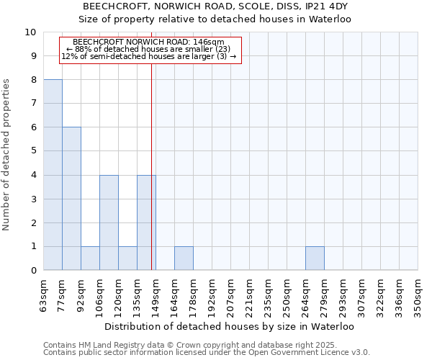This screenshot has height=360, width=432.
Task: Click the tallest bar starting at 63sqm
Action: (53, 175)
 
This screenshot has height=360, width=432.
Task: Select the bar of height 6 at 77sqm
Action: (71, 199)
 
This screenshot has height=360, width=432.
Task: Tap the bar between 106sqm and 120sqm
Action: (109, 222)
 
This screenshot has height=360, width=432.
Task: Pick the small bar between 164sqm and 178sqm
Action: (184, 258)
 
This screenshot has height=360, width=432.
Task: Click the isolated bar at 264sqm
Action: (315, 258)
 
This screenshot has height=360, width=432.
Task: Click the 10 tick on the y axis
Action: (31, 32)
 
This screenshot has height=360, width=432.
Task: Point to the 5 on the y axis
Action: (33, 151)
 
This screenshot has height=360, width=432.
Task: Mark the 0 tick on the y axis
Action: (33, 271)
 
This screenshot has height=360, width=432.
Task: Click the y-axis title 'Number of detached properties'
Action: (6, 155)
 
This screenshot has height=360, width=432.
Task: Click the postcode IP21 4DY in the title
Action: (325, 6)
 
